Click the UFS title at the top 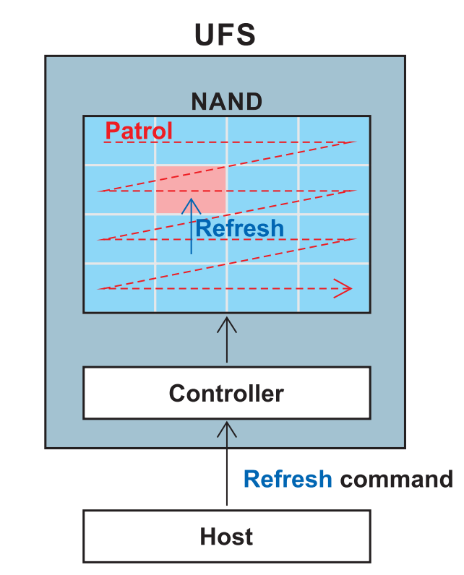click(x=225, y=35)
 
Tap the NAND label click(x=226, y=102)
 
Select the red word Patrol click(x=139, y=131)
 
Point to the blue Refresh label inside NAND click(x=239, y=228)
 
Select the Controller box click(x=226, y=393)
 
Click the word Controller click(x=226, y=394)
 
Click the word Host click(x=226, y=537)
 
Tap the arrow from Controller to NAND click(x=227, y=339)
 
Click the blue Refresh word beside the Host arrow click(x=288, y=479)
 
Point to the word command click(x=396, y=479)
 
